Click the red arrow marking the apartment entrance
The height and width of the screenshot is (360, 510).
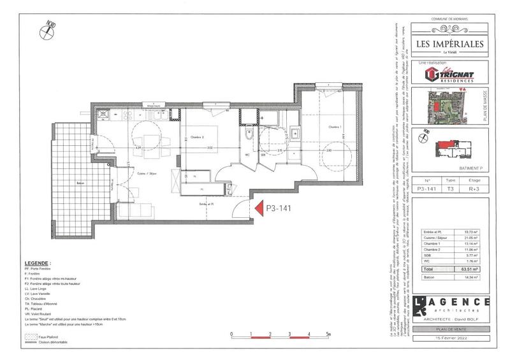coord(258,208)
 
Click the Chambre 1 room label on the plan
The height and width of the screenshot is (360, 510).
coord(335,127)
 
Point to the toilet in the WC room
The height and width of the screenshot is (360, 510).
coord(251,135)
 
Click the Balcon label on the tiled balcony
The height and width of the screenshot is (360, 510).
coord(81,184)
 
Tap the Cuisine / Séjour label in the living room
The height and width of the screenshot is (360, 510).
coord(156,173)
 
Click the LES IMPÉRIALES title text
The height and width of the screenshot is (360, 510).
coord(449,44)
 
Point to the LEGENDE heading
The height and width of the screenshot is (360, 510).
coord(38,263)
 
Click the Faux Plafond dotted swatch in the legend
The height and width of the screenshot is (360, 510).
coord(29,335)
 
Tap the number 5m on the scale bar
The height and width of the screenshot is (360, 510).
coord(328,333)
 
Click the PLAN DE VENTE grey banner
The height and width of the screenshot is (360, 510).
coord(450,329)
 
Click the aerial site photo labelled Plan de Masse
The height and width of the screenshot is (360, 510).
coord(446,105)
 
